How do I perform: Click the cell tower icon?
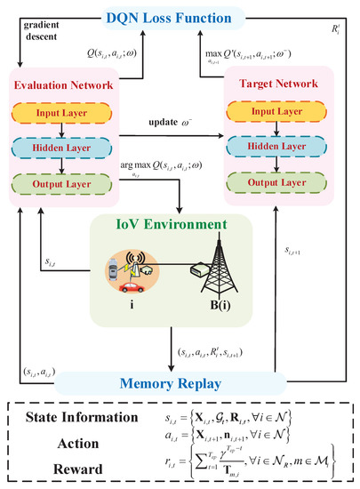236,267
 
